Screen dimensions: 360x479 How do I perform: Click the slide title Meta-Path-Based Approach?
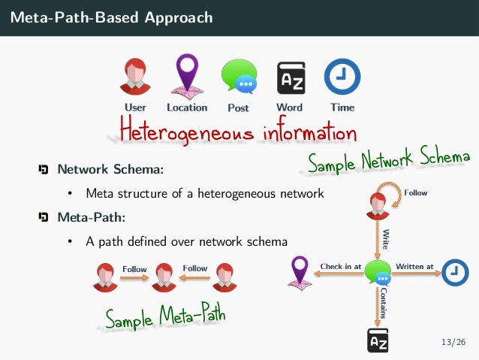pyautogui.click(x=111, y=17)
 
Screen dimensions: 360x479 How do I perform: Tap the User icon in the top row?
pyautogui.click(x=135, y=77)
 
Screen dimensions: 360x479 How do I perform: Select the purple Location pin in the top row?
pyautogui.click(x=186, y=75)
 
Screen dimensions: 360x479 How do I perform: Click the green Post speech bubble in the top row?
pyautogui.click(x=238, y=77)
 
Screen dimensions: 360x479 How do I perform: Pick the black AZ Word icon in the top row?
pyautogui.click(x=290, y=77)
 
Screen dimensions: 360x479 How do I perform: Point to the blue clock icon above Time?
pyautogui.click(x=342, y=77)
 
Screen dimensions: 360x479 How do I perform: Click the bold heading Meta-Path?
pyautogui.click(x=92, y=218)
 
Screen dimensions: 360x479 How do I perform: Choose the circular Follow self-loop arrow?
pyautogui.click(x=387, y=189)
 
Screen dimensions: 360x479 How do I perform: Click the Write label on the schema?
pyautogui.click(x=386, y=238)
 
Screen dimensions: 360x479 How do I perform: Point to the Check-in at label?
pyautogui.click(x=341, y=265)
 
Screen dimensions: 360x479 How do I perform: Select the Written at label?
pyautogui.click(x=414, y=265)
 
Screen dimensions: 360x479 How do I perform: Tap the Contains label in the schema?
pyautogui.click(x=384, y=301)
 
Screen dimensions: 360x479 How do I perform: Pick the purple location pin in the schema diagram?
pyautogui.click(x=300, y=272)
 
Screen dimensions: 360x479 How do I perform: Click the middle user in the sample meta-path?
pyautogui.click(x=164, y=277)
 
